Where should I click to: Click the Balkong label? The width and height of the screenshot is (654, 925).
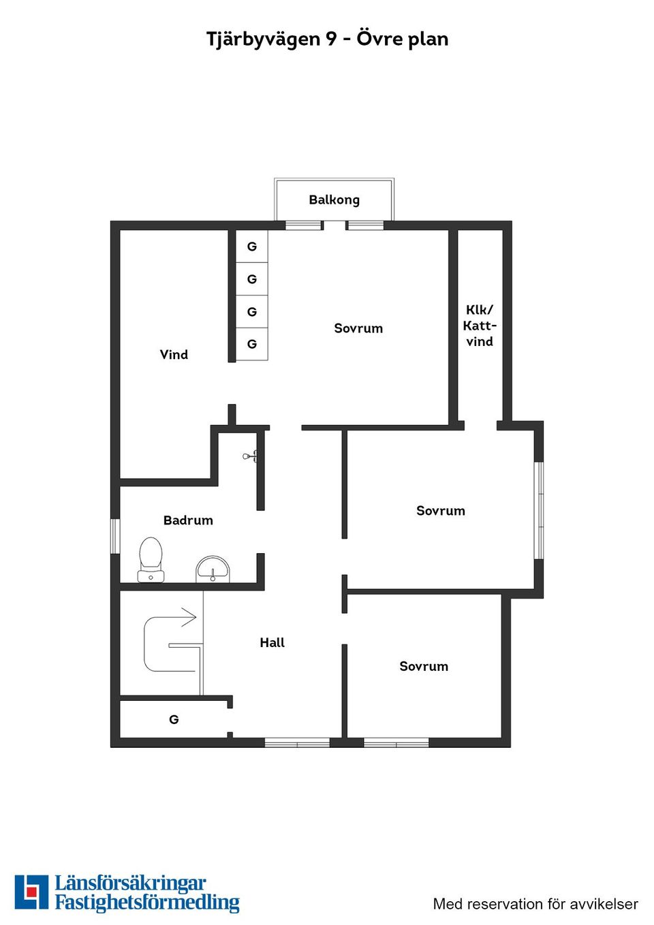(x=334, y=200)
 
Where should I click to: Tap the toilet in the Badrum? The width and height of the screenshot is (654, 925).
(x=151, y=559)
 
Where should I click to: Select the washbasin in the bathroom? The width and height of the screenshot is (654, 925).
(x=213, y=569)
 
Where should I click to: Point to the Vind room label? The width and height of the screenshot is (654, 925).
(x=174, y=354)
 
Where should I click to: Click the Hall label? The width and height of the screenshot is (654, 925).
(x=272, y=642)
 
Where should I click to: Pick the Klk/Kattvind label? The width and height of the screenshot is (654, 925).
(x=480, y=326)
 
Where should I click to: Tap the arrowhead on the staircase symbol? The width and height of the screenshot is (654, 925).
(x=190, y=617)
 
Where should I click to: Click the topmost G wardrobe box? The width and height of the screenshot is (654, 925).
(x=252, y=247)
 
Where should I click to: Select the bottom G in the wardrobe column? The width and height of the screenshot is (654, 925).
(x=252, y=344)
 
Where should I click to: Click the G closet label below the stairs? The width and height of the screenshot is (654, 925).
(x=174, y=720)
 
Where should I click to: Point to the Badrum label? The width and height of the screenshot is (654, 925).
(x=188, y=520)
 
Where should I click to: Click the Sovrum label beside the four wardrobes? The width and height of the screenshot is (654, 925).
(x=358, y=328)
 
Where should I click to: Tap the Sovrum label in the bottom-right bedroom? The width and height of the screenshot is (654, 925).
(x=424, y=666)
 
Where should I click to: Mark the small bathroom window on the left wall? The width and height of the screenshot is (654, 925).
(x=115, y=537)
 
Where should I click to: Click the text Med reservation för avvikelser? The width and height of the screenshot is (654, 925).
(x=535, y=904)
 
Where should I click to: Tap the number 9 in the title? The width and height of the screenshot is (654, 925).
(x=330, y=40)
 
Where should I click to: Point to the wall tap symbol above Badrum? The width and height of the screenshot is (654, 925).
(x=250, y=456)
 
